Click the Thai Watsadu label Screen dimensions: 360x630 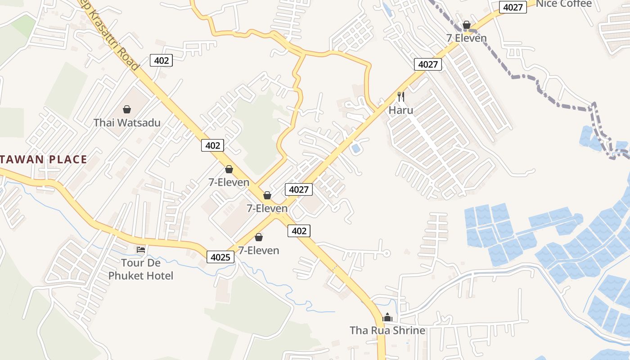coord(127,122)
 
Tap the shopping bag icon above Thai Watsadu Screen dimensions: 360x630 coord(127,109)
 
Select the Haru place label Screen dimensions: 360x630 coord(401,110)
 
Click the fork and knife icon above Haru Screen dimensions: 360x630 coord(401,96)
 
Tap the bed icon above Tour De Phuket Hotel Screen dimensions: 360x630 coord(141,250)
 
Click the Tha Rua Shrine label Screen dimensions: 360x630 coord(387,330)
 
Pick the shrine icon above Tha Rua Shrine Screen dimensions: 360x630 coord(387,318)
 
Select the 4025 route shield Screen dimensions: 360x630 coord(220,257)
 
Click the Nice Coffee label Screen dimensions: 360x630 coord(564,4)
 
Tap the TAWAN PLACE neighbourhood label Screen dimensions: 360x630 coord(44,159)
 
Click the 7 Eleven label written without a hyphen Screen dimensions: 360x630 coord(467,38)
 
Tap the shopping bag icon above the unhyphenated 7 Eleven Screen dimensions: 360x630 coord(467,25)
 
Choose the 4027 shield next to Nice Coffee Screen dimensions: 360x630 coord(513,7)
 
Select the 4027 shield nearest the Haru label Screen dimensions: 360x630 coord(427,64)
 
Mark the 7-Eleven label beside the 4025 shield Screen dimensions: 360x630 coord(259,250)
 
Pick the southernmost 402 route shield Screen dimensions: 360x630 coord(299,231)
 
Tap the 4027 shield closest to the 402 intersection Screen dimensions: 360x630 coord(299,189)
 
